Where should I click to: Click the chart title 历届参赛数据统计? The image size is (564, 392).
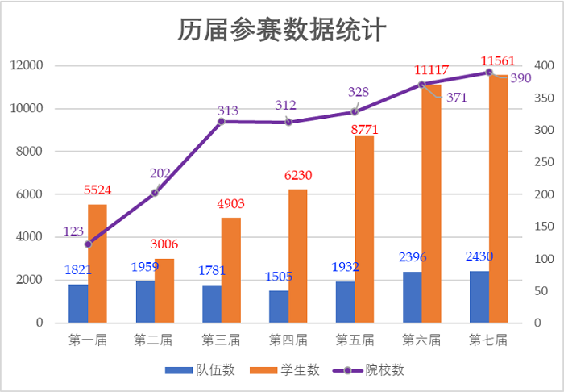[283, 30]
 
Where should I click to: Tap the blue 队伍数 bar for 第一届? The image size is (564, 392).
[78, 303]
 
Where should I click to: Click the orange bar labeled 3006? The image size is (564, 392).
[164, 290]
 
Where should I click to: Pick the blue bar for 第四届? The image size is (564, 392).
[279, 307]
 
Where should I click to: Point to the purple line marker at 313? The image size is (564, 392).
[222, 122]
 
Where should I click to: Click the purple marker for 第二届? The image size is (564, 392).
[155, 193]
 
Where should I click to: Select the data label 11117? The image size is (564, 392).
[431, 70]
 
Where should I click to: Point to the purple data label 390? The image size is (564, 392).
[520, 78]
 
